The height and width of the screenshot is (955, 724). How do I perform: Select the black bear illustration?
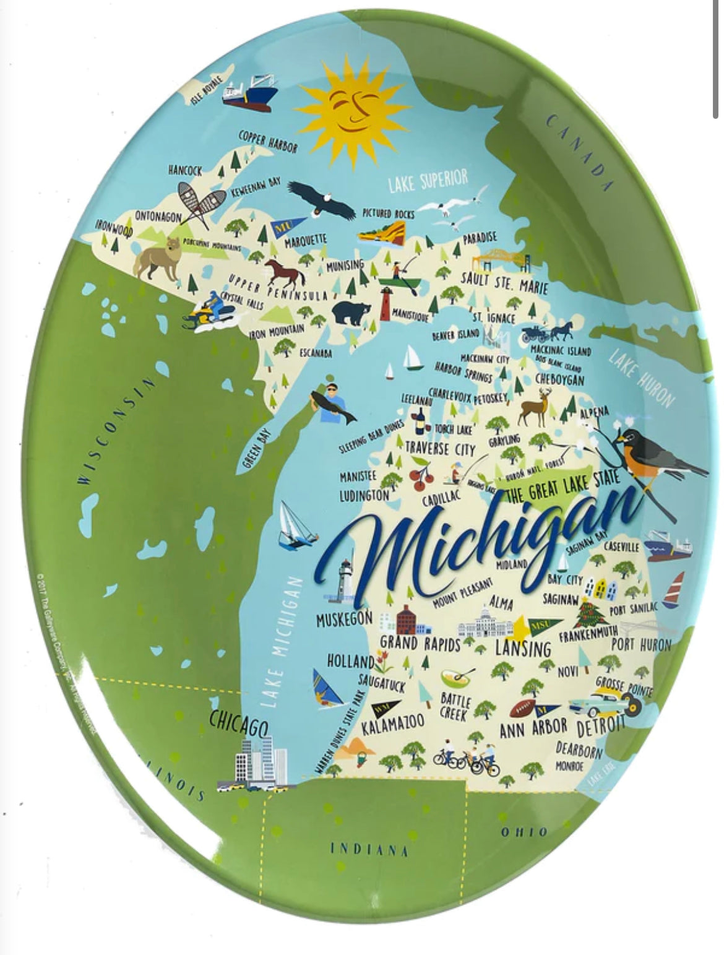tap(351, 312)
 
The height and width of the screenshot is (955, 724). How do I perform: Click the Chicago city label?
tap(238, 722)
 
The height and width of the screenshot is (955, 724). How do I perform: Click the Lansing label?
tap(523, 649)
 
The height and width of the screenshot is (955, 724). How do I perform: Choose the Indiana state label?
tap(369, 849)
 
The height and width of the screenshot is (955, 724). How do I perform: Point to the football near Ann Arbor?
tap(523, 707)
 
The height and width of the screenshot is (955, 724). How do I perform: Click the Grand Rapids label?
tap(420, 643)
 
